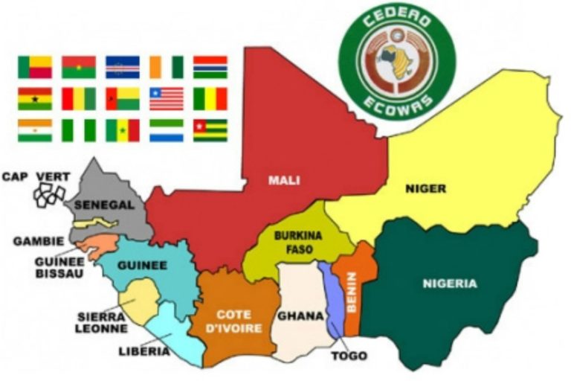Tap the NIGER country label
point(425,188)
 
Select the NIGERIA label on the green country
point(450,283)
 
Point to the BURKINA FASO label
point(297,241)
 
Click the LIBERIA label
point(143,351)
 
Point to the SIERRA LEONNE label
point(101,321)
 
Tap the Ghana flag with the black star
point(35,98)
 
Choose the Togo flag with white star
point(210,130)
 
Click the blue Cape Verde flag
point(122,67)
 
